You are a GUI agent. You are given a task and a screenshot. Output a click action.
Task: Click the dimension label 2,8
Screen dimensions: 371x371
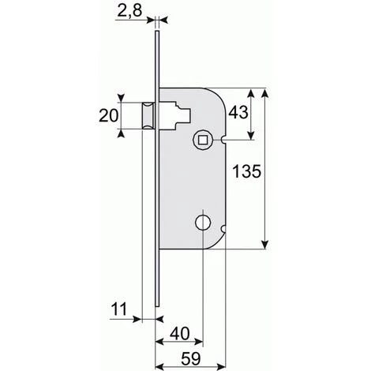[x=129, y=11]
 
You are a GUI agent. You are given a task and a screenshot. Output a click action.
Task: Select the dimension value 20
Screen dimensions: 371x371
[x=108, y=116]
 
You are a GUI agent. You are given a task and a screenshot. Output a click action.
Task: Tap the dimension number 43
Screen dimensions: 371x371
[x=238, y=112]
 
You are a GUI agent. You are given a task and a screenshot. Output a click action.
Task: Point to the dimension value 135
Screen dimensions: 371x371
[x=247, y=171]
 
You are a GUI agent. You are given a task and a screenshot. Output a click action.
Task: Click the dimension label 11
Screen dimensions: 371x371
[x=119, y=309]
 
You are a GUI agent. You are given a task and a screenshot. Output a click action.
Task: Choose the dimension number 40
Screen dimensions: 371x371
[x=180, y=334]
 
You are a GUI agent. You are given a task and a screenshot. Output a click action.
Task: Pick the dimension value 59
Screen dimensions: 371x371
[x=191, y=358]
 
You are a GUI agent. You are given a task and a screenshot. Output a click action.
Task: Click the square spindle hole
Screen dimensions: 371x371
[x=203, y=140]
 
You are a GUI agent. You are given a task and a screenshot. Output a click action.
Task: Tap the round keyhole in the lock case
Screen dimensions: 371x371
[x=203, y=223]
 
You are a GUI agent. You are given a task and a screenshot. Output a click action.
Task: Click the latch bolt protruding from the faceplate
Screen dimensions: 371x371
[x=148, y=116]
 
